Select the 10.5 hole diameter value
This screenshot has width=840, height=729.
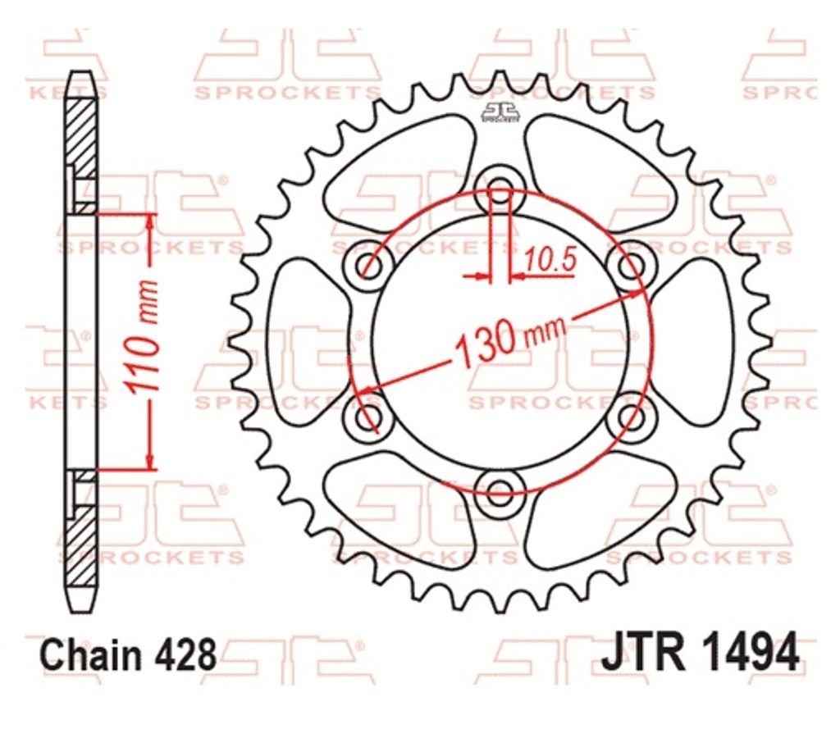(x=550, y=260)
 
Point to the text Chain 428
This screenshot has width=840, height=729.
(x=129, y=654)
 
